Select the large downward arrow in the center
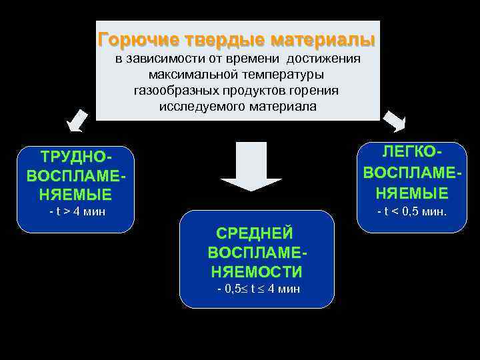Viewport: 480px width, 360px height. tap(252, 167)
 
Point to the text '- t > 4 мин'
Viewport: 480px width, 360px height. tap(78, 212)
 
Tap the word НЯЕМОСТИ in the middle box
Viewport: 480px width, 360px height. tap(256, 272)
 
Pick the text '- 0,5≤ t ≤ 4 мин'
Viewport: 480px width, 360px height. tap(259, 289)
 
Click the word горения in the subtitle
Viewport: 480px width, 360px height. tap(317, 91)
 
